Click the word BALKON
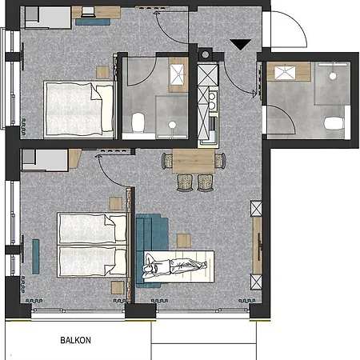tap(76, 340)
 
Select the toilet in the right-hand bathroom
tap(334, 125)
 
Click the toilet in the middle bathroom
tap(137, 122)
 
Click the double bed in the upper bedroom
tap(78, 106)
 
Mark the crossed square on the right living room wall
tap(256, 209)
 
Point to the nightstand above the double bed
tap(102, 70)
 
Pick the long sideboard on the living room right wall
tap(258, 257)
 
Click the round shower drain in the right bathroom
tap(331, 75)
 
